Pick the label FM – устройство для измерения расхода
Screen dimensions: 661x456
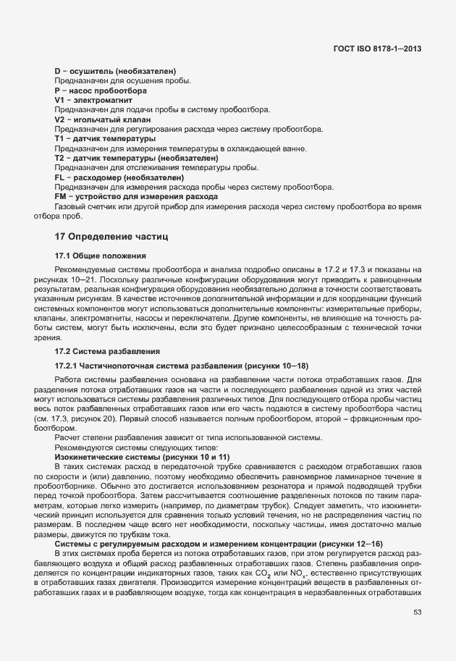(126, 197)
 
